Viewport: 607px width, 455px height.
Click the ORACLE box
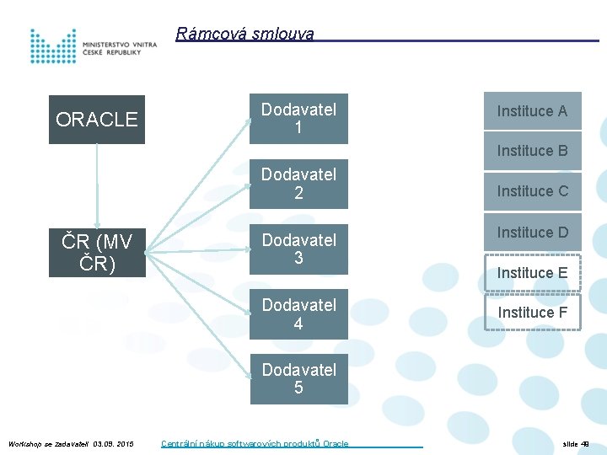tap(96, 120)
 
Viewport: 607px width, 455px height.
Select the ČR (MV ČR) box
tap(96, 252)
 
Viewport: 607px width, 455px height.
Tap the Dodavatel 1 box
tap(298, 119)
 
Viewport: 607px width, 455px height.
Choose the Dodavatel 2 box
tap(298, 184)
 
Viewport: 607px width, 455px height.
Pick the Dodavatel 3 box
tap(298, 249)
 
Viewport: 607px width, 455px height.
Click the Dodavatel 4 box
tap(298, 314)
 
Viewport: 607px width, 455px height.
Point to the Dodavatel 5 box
tap(298, 379)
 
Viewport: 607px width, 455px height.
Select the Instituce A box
tap(532, 111)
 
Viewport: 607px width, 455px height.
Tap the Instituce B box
tap(532, 151)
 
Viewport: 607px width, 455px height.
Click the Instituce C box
tap(532, 191)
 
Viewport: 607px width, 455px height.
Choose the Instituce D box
tap(532, 232)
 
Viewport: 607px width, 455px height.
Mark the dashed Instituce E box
tap(532, 272)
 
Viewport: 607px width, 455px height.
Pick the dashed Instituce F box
tap(532, 313)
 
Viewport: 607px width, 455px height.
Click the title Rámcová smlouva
tap(244, 35)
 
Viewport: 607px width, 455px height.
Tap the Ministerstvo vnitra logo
tap(93, 46)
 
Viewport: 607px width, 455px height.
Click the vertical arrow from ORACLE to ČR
tap(97, 186)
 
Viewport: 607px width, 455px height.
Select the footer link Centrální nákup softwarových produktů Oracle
tap(255, 443)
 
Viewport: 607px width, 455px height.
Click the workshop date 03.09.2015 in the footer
tap(114, 443)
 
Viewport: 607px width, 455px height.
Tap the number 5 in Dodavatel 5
tap(298, 388)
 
